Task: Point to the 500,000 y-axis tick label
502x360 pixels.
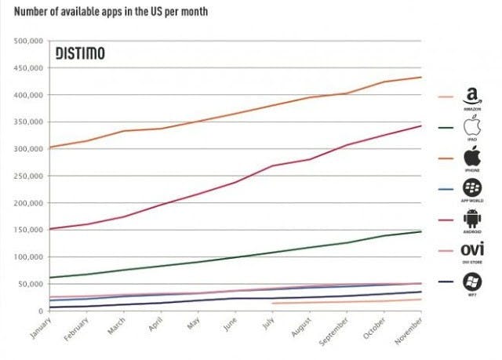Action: (x=30, y=41)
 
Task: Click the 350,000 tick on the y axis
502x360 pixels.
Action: (x=30, y=122)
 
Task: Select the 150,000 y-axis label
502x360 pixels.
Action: (x=30, y=230)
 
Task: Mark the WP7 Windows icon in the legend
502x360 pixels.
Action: (x=472, y=282)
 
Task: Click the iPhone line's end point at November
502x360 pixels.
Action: (x=421, y=77)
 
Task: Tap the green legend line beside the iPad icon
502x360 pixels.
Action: (x=446, y=129)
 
